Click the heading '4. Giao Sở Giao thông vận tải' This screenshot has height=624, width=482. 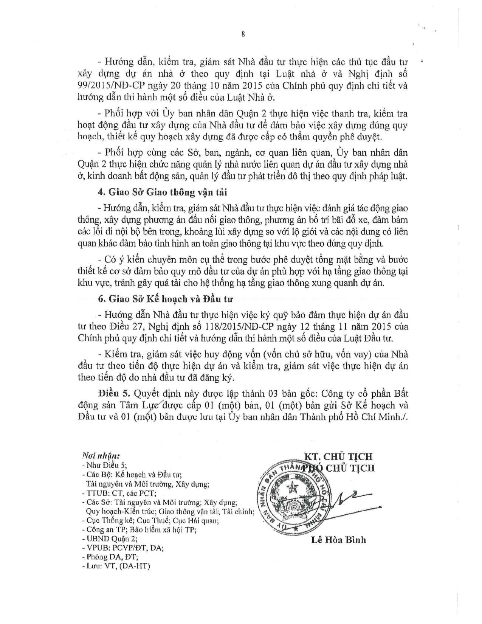click(162, 192)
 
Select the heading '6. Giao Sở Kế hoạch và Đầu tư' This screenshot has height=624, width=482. click(165, 299)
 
